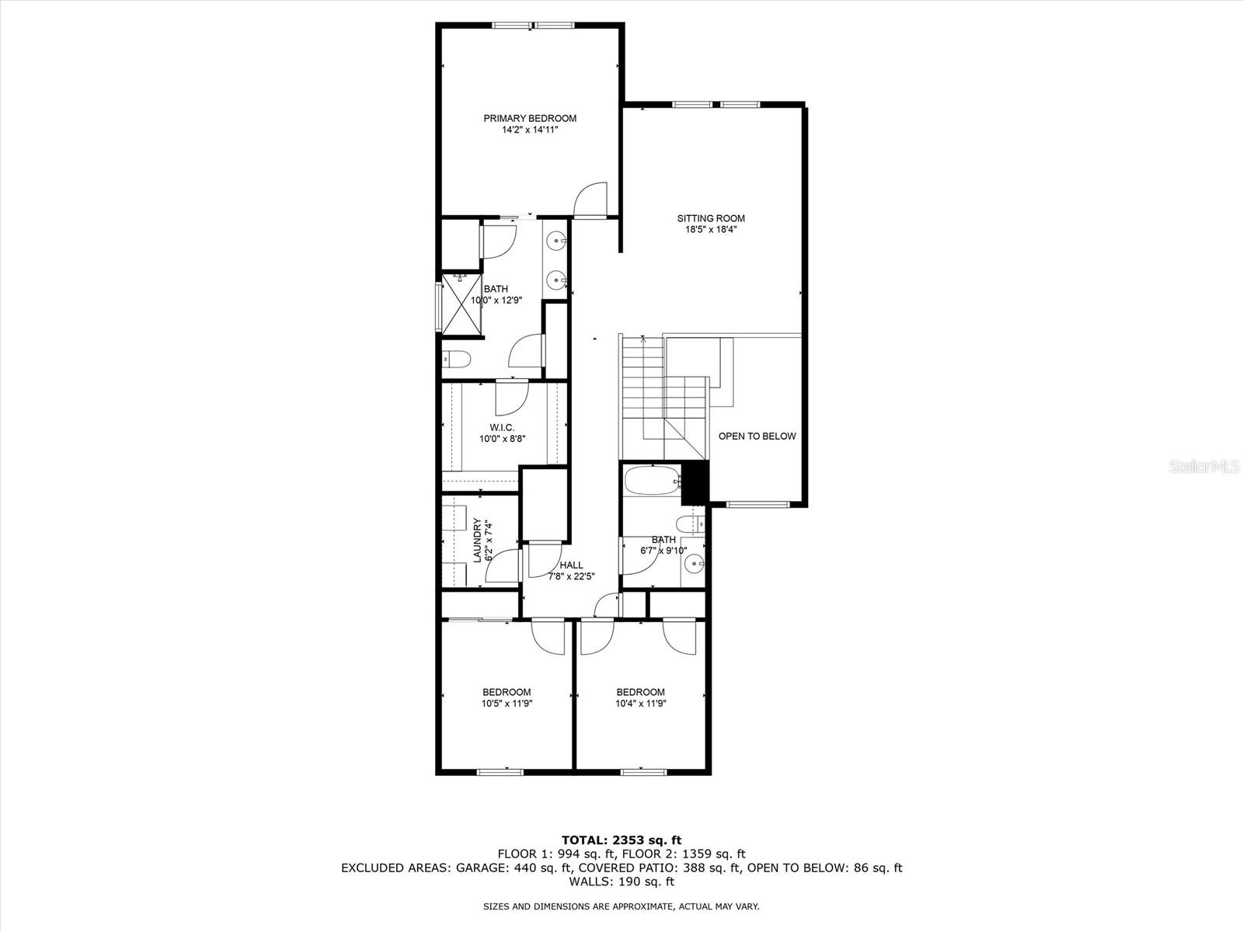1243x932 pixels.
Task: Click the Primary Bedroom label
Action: pos(530,119)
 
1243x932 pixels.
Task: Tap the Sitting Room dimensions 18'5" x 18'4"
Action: pos(710,229)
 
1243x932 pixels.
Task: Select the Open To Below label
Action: pos(757,436)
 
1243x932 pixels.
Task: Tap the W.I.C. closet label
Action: pos(502,428)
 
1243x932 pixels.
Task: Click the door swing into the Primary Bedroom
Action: pos(592,200)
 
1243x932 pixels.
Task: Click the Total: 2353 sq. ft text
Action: pos(621,840)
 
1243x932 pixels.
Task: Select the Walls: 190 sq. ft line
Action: pos(621,882)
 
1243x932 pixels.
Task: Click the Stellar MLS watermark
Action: pos(1210,466)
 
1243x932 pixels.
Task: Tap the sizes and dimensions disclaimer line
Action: pos(621,906)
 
